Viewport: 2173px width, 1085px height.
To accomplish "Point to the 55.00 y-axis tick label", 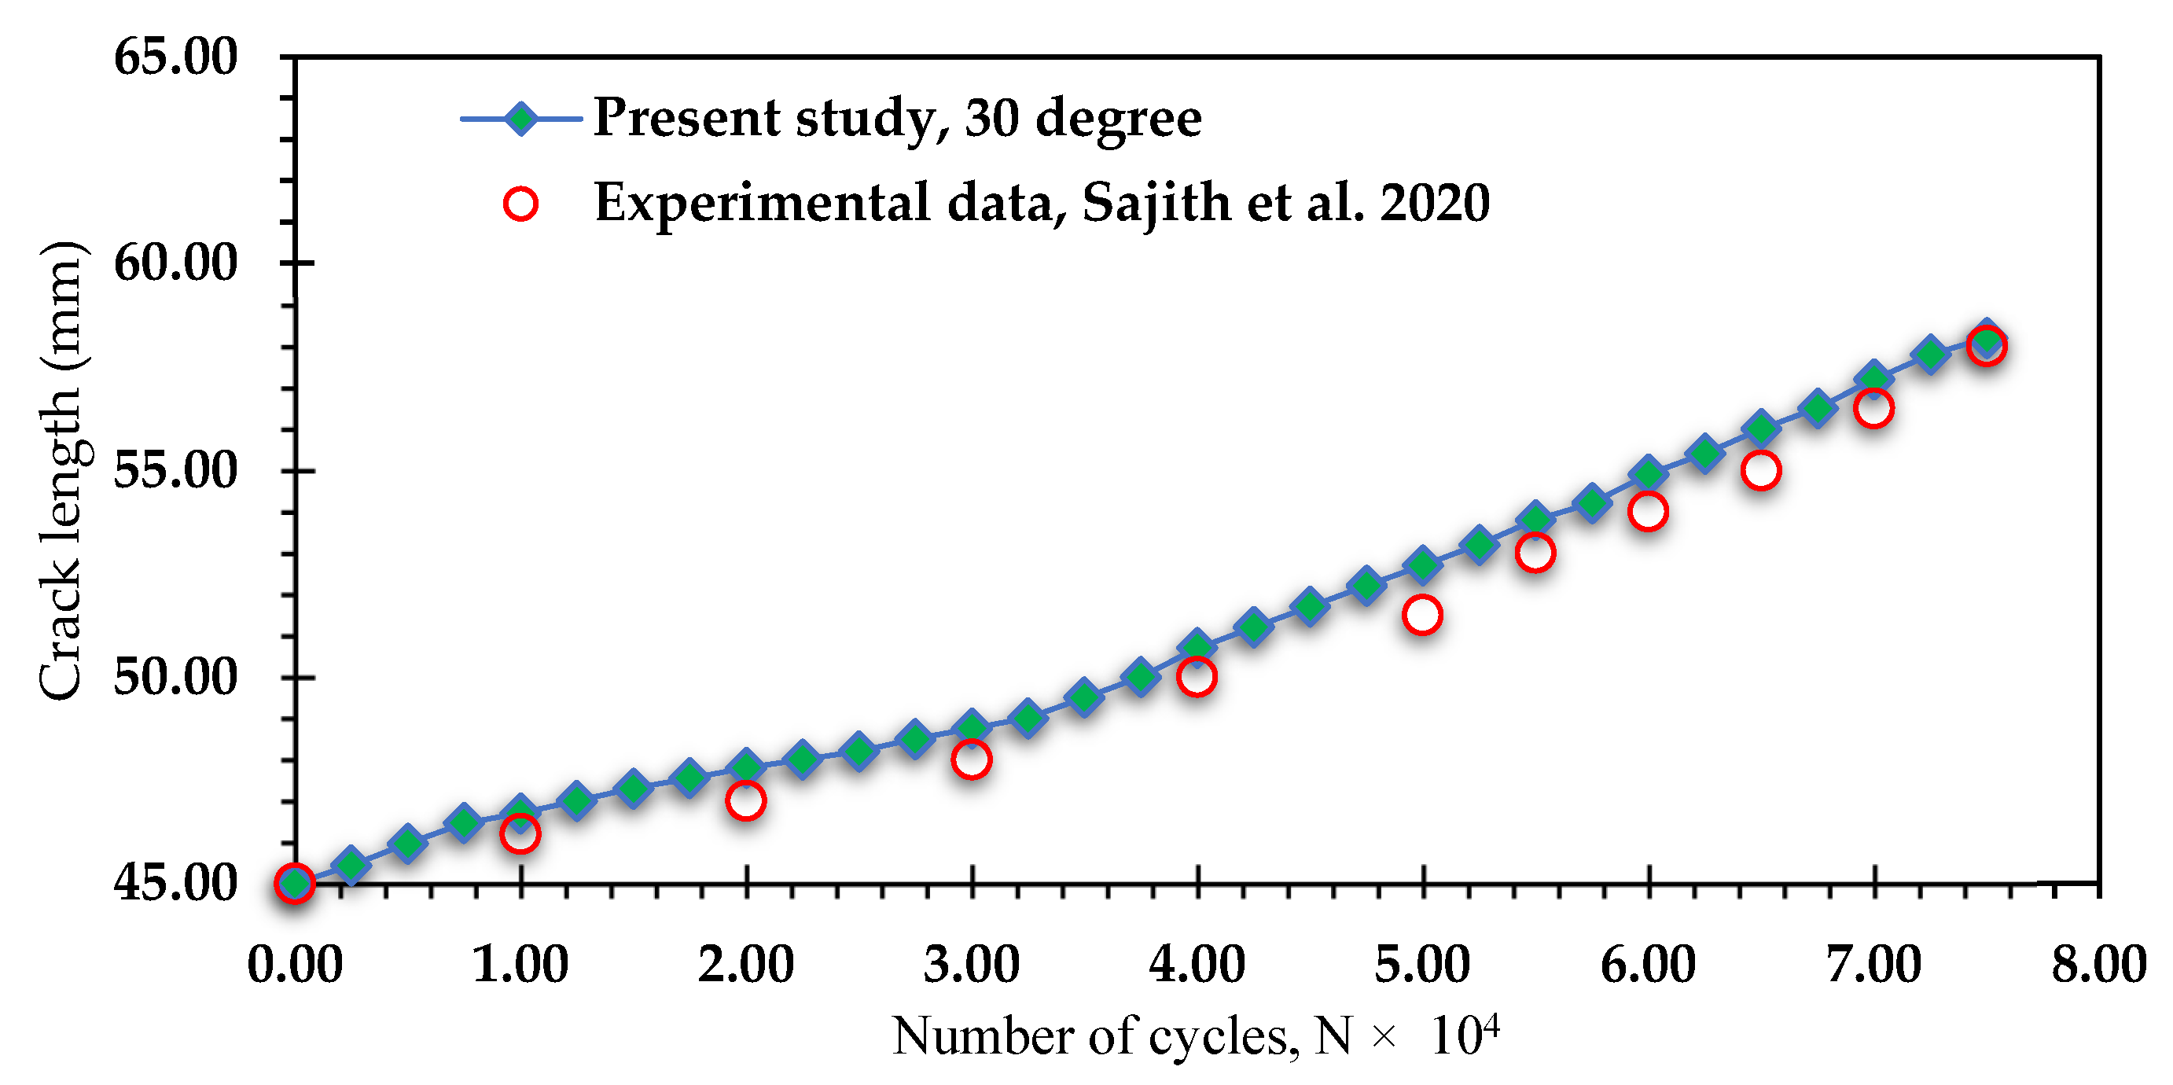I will coord(175,470).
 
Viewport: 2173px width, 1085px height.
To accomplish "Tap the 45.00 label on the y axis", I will coord(175,884).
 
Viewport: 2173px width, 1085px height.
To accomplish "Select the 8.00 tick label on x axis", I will coord(2099,965).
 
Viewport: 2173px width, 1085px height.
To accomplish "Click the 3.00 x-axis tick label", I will coord(971,965).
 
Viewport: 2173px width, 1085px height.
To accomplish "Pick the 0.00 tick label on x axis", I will coord(294,965).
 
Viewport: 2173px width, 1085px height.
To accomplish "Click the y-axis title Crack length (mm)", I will coord(61,470).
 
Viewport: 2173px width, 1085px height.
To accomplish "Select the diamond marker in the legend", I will coord(521,119).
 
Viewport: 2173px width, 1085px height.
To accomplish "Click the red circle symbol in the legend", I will coord(520,204).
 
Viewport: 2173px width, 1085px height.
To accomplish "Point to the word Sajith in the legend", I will coord(1156,204).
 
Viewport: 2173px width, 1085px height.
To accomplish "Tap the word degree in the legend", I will coord(1118,119).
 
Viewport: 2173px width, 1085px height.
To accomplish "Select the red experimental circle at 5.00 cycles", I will coord(1422,614).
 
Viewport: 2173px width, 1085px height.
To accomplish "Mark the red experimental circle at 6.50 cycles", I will coord(1760,470).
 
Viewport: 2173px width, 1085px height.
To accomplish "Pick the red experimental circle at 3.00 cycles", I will coord(971,759).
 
